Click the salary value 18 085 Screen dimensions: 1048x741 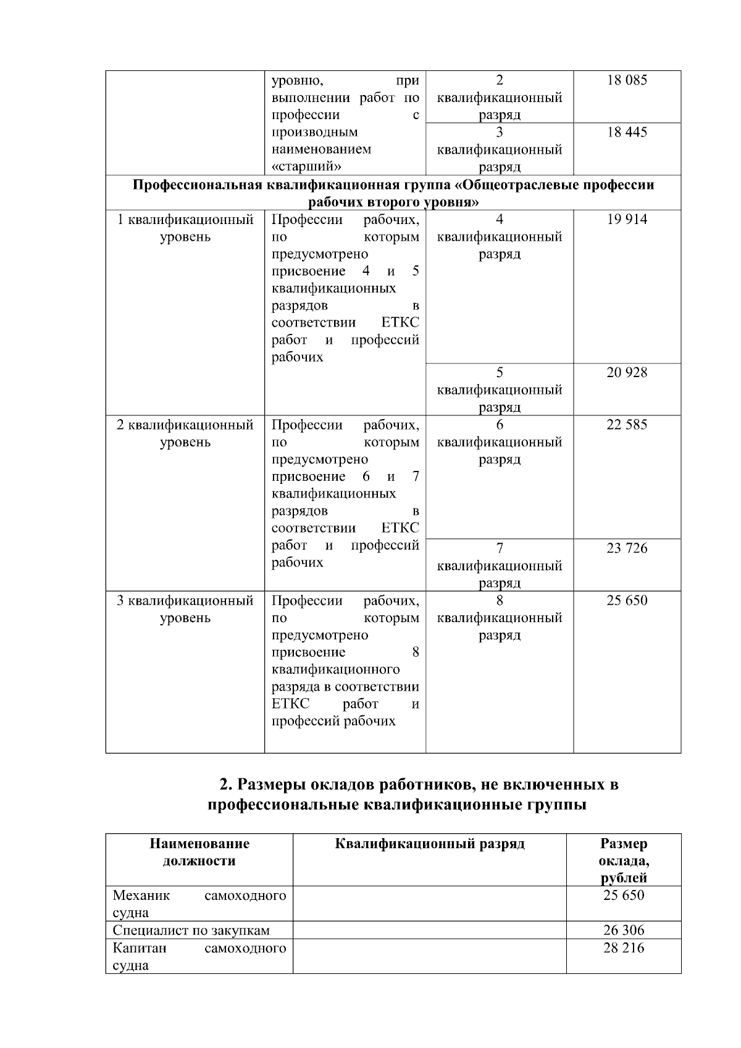627,80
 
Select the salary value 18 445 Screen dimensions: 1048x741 627,132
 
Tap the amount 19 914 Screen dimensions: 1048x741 627,220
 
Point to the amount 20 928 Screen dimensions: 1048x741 627,373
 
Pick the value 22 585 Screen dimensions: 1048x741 627,425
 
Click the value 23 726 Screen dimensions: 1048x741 627,548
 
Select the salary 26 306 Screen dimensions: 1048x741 624,930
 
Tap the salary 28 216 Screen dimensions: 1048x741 624,948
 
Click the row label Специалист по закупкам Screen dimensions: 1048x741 191,930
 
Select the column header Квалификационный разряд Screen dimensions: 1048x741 430,844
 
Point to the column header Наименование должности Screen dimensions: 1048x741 199,852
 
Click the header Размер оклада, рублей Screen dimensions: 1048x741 624,860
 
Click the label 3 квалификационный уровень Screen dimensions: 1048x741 185,609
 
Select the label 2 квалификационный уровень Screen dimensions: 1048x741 185,433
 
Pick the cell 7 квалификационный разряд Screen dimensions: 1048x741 500,565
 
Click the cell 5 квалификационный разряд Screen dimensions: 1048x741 500,389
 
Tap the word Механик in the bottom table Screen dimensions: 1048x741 141,896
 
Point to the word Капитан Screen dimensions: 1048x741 140,948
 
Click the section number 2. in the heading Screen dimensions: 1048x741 226,785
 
